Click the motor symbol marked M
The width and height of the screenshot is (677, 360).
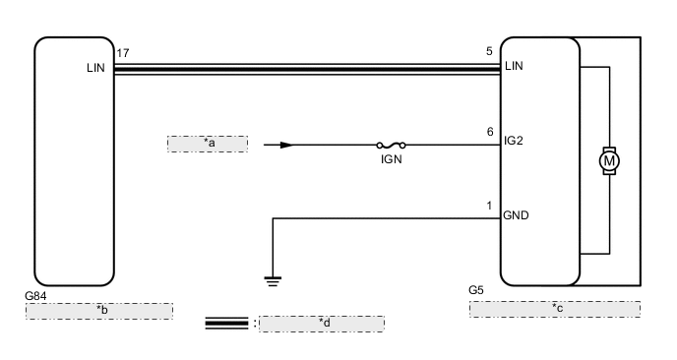point(610,158)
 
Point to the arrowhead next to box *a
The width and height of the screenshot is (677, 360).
point(285,145)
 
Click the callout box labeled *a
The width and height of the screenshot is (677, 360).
point(208,145)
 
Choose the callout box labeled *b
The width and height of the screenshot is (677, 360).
point(99,311)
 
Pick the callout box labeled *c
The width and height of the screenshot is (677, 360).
point(554,309)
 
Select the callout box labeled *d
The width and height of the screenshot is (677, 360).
point(321,323)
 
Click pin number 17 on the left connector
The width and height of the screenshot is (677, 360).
point(122,52)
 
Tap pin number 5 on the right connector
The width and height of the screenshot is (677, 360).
point(489,52)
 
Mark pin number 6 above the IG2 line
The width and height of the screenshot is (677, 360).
point(489,131)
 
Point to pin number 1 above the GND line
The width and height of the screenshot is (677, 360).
point(489,206)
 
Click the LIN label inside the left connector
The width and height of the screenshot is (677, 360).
point(95,69)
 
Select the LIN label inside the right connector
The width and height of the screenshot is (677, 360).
point(514,67)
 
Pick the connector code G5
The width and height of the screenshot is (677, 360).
point(476,291)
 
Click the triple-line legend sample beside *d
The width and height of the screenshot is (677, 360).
point(226,323)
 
